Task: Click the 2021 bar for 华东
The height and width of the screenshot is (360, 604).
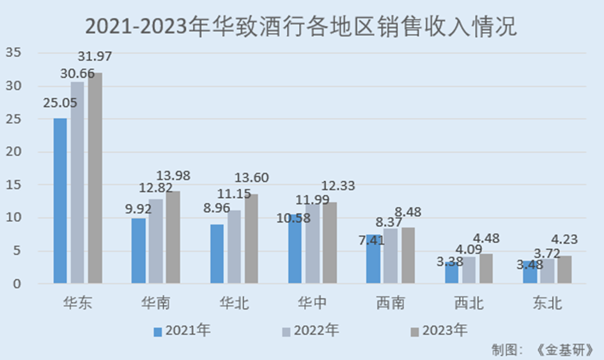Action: (x=60, y=200)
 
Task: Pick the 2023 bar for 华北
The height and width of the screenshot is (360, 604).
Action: (x=251, y=239)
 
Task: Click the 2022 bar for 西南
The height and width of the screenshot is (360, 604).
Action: (x=390, y=256)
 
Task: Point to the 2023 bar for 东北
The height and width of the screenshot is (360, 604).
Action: (x=564, y=269)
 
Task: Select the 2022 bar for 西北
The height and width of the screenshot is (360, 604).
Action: (x=468, y=270)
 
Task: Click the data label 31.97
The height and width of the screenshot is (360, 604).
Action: (x=95, y=56)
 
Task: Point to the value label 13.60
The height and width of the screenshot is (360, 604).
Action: (x=251, y=178)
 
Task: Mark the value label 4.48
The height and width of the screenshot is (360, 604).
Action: (x=486, y=239)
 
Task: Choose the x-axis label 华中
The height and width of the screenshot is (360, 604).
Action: (x=313, y=302)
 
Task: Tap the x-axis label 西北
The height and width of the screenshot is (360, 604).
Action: (x=468, y=302)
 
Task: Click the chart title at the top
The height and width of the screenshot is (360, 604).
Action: (x=301, y=27)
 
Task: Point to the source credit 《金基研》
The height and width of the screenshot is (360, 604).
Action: (x=566, y=350)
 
